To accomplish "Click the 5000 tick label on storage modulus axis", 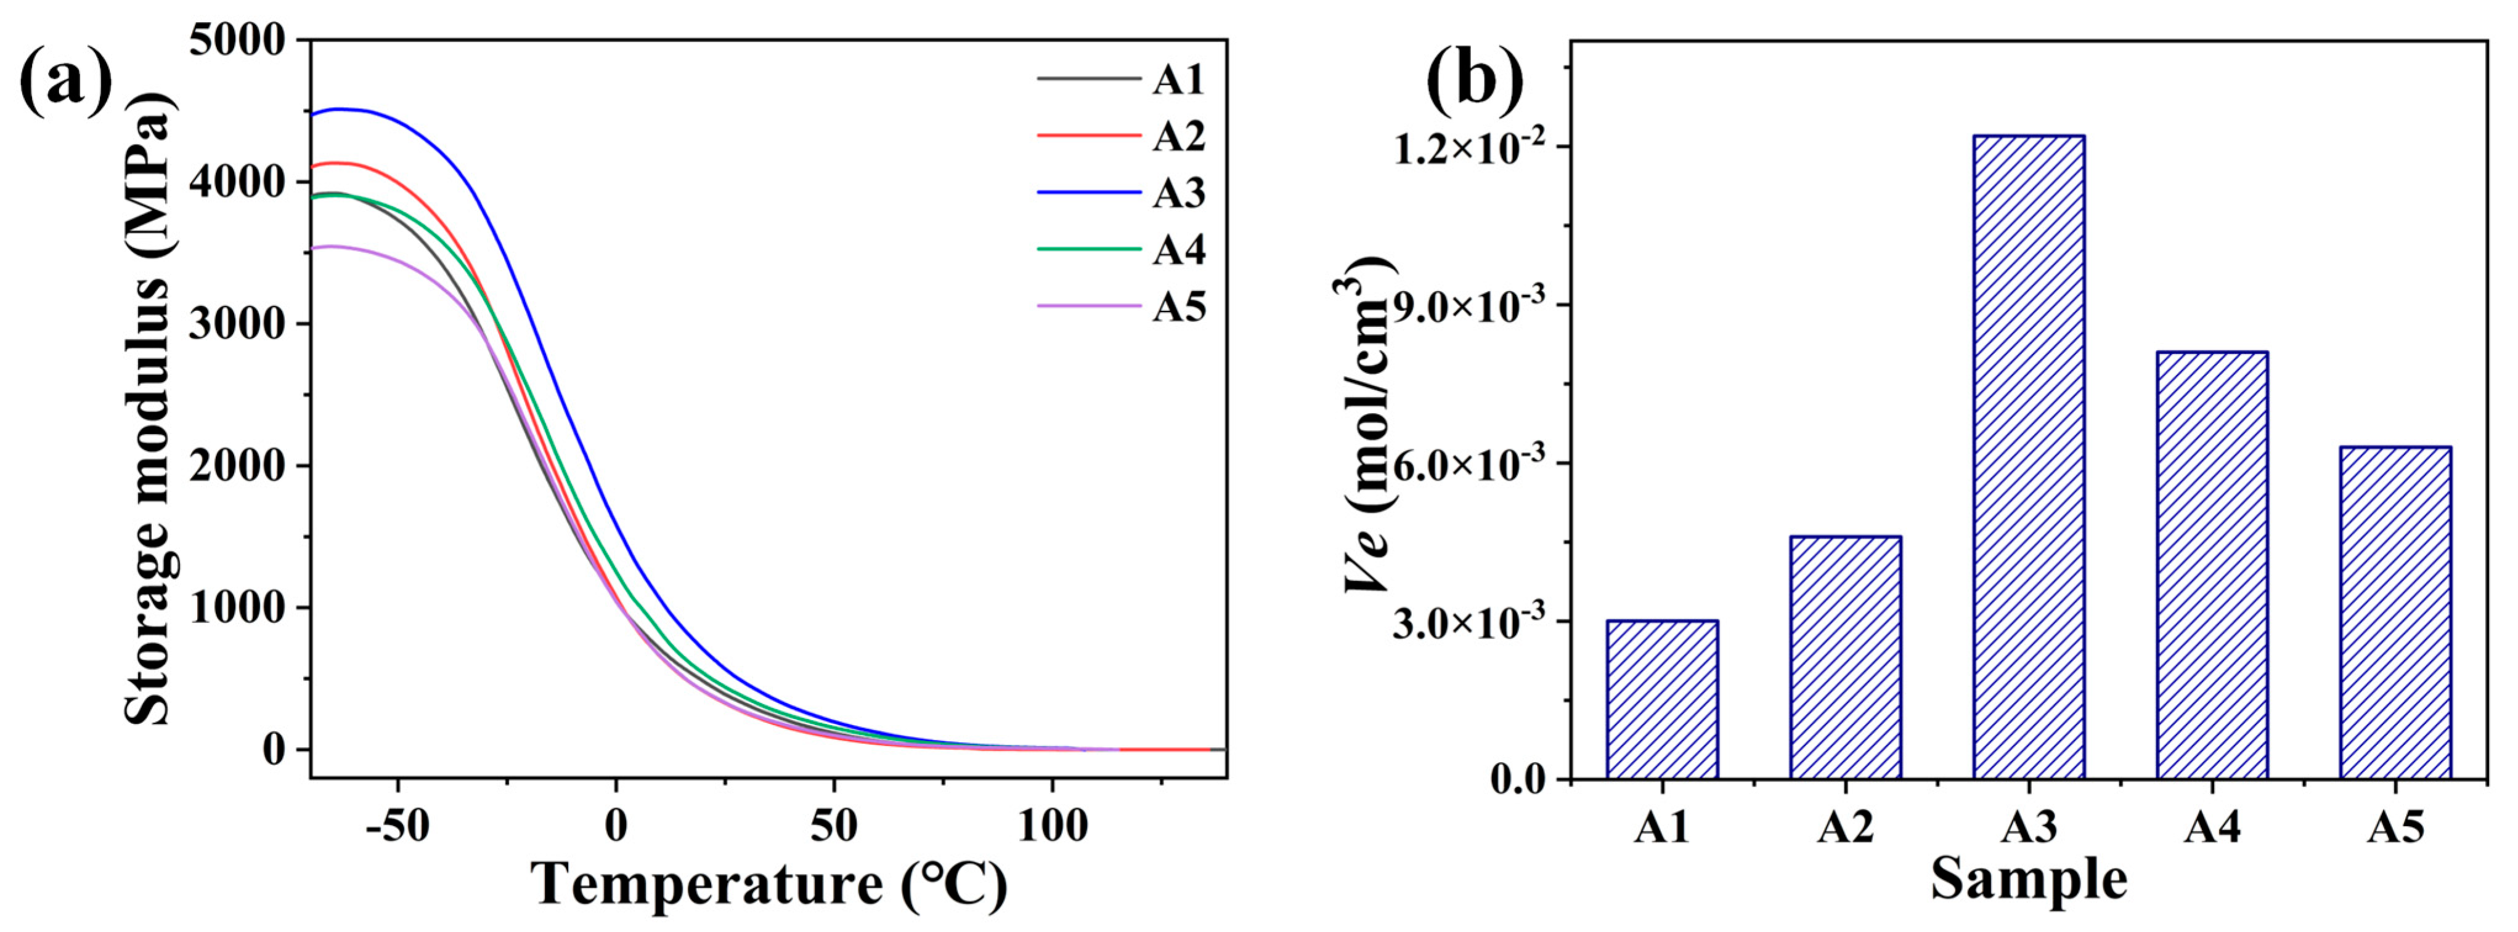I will pos(237,41).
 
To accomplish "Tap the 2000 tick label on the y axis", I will pos(237,466).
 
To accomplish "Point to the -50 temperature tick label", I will pos(398,827).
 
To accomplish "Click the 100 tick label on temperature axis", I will pos(1052,827).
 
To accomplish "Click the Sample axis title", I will pos(2028,879).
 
